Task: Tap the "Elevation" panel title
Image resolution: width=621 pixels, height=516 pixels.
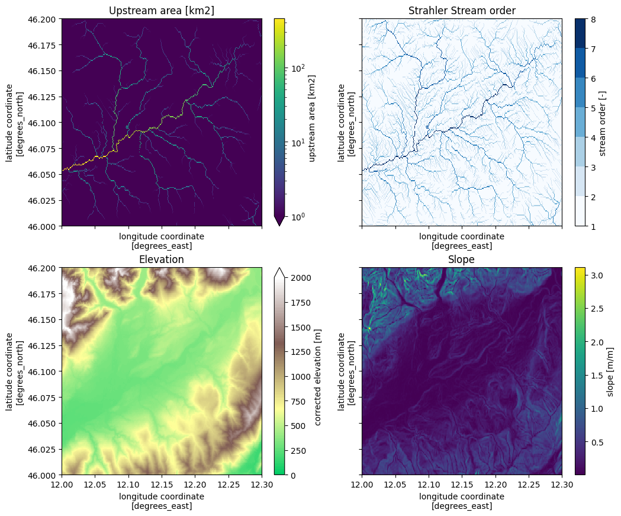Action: click(161, 259)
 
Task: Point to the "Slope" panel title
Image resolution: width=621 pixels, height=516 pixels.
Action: click(462, 259)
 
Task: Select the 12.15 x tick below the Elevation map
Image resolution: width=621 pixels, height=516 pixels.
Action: click(162, 485)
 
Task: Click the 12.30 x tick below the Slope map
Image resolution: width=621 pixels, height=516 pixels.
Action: click(561, 485)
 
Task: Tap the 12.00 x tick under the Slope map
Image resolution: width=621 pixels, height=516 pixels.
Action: click(362, 485)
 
